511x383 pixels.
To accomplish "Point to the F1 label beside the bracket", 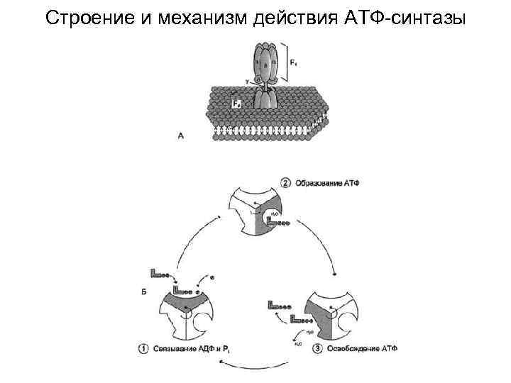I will [294, 63].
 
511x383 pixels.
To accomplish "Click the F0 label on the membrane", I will [236, 104].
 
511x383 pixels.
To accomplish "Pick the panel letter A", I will [181, 135].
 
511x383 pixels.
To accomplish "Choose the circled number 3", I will [318, 348].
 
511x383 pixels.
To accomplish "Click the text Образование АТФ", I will [334, 182].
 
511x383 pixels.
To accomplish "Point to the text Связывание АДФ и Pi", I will [189, 348].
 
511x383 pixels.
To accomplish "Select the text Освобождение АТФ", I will [362, 348].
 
